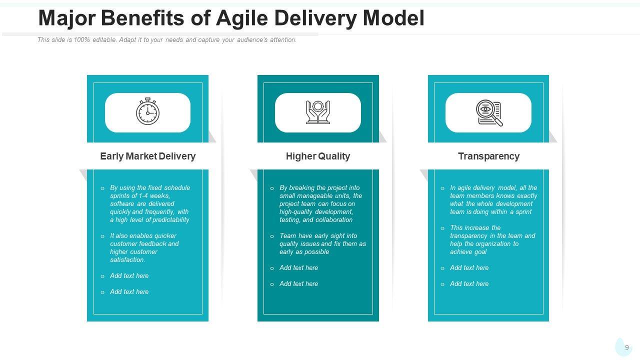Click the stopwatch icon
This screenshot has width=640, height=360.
pyautogui.click(x=147, y=111)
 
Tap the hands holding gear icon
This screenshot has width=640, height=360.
pyautogui.click(x=318, y=112)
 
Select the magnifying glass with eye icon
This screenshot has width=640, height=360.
pyautogui.click(x=488, y=112)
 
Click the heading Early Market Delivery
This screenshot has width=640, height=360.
pyautogui.click(x=147, y=156)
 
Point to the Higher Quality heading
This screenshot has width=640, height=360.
pyautogui.click(x=318, y=156)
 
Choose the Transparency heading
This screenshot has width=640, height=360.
pyautogui.click(x=488, y=156)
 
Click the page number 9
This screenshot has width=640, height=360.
pyautogui.click(x=626, y=347)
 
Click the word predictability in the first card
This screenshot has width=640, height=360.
pyautogui.click(x=171, y=219)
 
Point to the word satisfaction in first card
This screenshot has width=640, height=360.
pyautogui.click(x=127, y=259)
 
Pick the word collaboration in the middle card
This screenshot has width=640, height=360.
pyautogui.click(x=334, y=219)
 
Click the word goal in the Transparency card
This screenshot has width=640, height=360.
pyautogui.click(x=478, y=251)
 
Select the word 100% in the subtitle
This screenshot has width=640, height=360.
pyautogui.click(x=81, y=40)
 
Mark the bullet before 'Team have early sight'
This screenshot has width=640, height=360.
pyautogui.click(x=272, y=236)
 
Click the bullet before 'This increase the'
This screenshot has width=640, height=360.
pyautogui.click(x=442, y=228)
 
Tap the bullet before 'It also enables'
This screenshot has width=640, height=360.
pyautogui.click(x=102, y=236)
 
